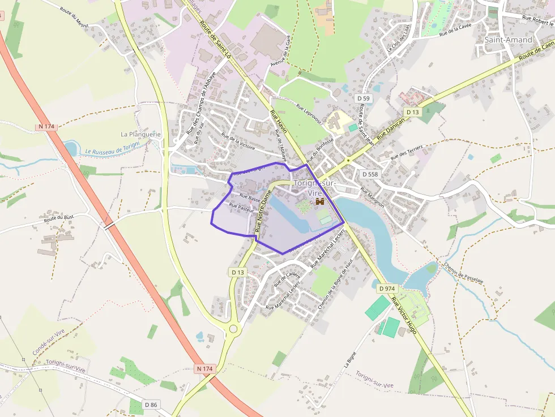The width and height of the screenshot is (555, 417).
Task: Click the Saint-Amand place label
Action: (508, 40)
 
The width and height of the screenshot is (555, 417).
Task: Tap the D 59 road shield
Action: (364, 98)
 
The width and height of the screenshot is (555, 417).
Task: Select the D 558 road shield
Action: (369, 174)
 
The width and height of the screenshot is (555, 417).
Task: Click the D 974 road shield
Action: (386, 289)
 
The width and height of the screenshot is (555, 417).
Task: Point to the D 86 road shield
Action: (151, 405)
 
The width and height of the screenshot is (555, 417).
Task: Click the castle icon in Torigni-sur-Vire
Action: (320, 201)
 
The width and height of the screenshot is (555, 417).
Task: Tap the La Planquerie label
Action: (141, 134)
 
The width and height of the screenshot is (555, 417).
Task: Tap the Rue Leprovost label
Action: (309, 113)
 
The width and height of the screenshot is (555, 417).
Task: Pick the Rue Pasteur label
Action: (241, 208)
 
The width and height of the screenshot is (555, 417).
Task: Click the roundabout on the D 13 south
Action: (233, 328)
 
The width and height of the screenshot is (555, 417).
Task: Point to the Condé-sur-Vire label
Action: (49, 341)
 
